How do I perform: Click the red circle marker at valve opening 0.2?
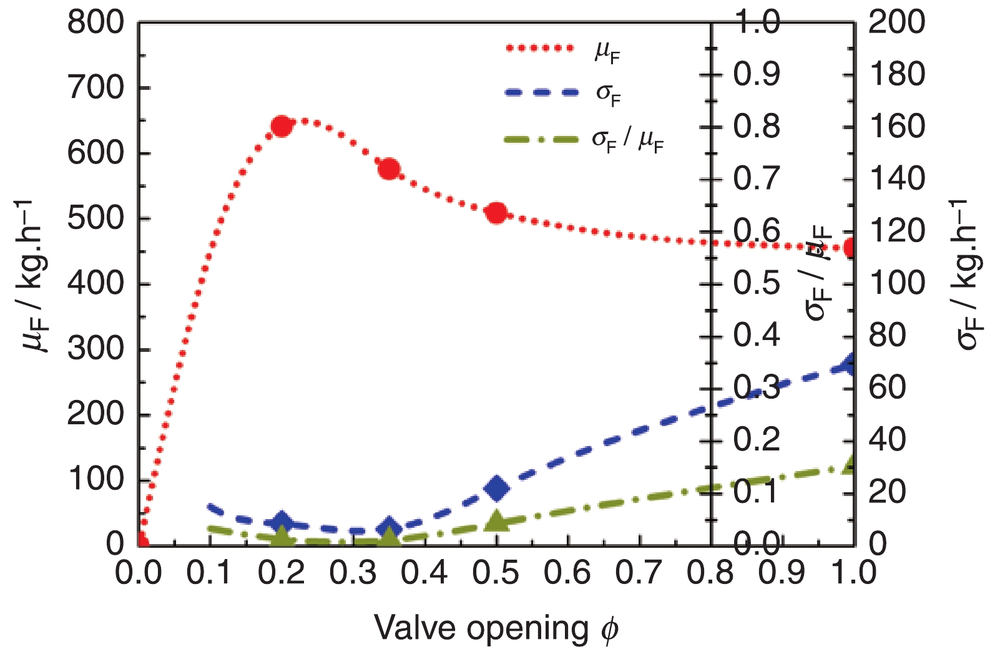282,126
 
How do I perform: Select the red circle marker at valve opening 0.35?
389,169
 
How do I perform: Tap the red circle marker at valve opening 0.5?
497,213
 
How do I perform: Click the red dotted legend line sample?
539,48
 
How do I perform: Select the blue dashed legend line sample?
539,92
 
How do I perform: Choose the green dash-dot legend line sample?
539,139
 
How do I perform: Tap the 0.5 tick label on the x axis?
496,572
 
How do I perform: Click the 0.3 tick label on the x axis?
353,572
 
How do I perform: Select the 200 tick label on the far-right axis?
896,23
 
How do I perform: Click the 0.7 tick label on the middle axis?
757,179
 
